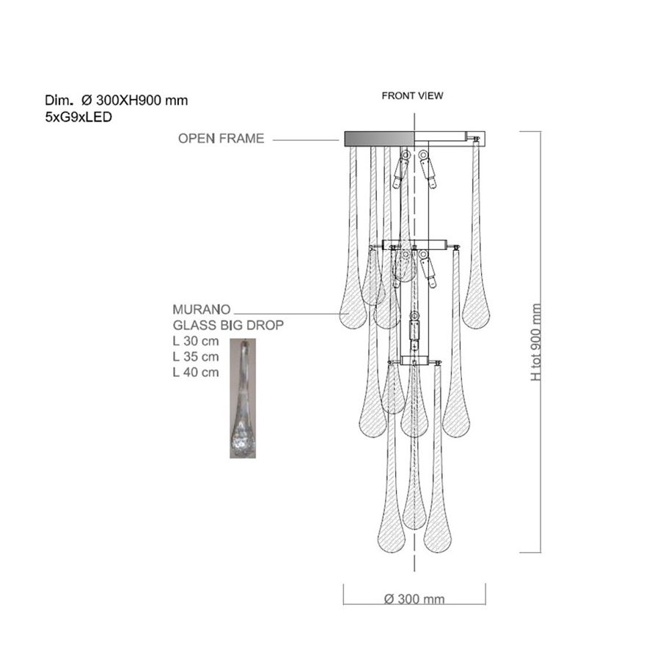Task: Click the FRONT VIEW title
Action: (412, 96)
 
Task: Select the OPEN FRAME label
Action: (221, 139)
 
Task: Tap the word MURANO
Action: (202, 309)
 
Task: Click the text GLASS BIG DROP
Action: (228, 325)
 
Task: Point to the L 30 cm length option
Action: (196, 341)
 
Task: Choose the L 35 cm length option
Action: (196, 356)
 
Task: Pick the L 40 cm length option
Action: (196, 372)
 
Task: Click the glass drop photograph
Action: (243, 398)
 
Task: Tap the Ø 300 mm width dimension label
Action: (414, 598)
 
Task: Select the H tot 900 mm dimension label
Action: (536, 342)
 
